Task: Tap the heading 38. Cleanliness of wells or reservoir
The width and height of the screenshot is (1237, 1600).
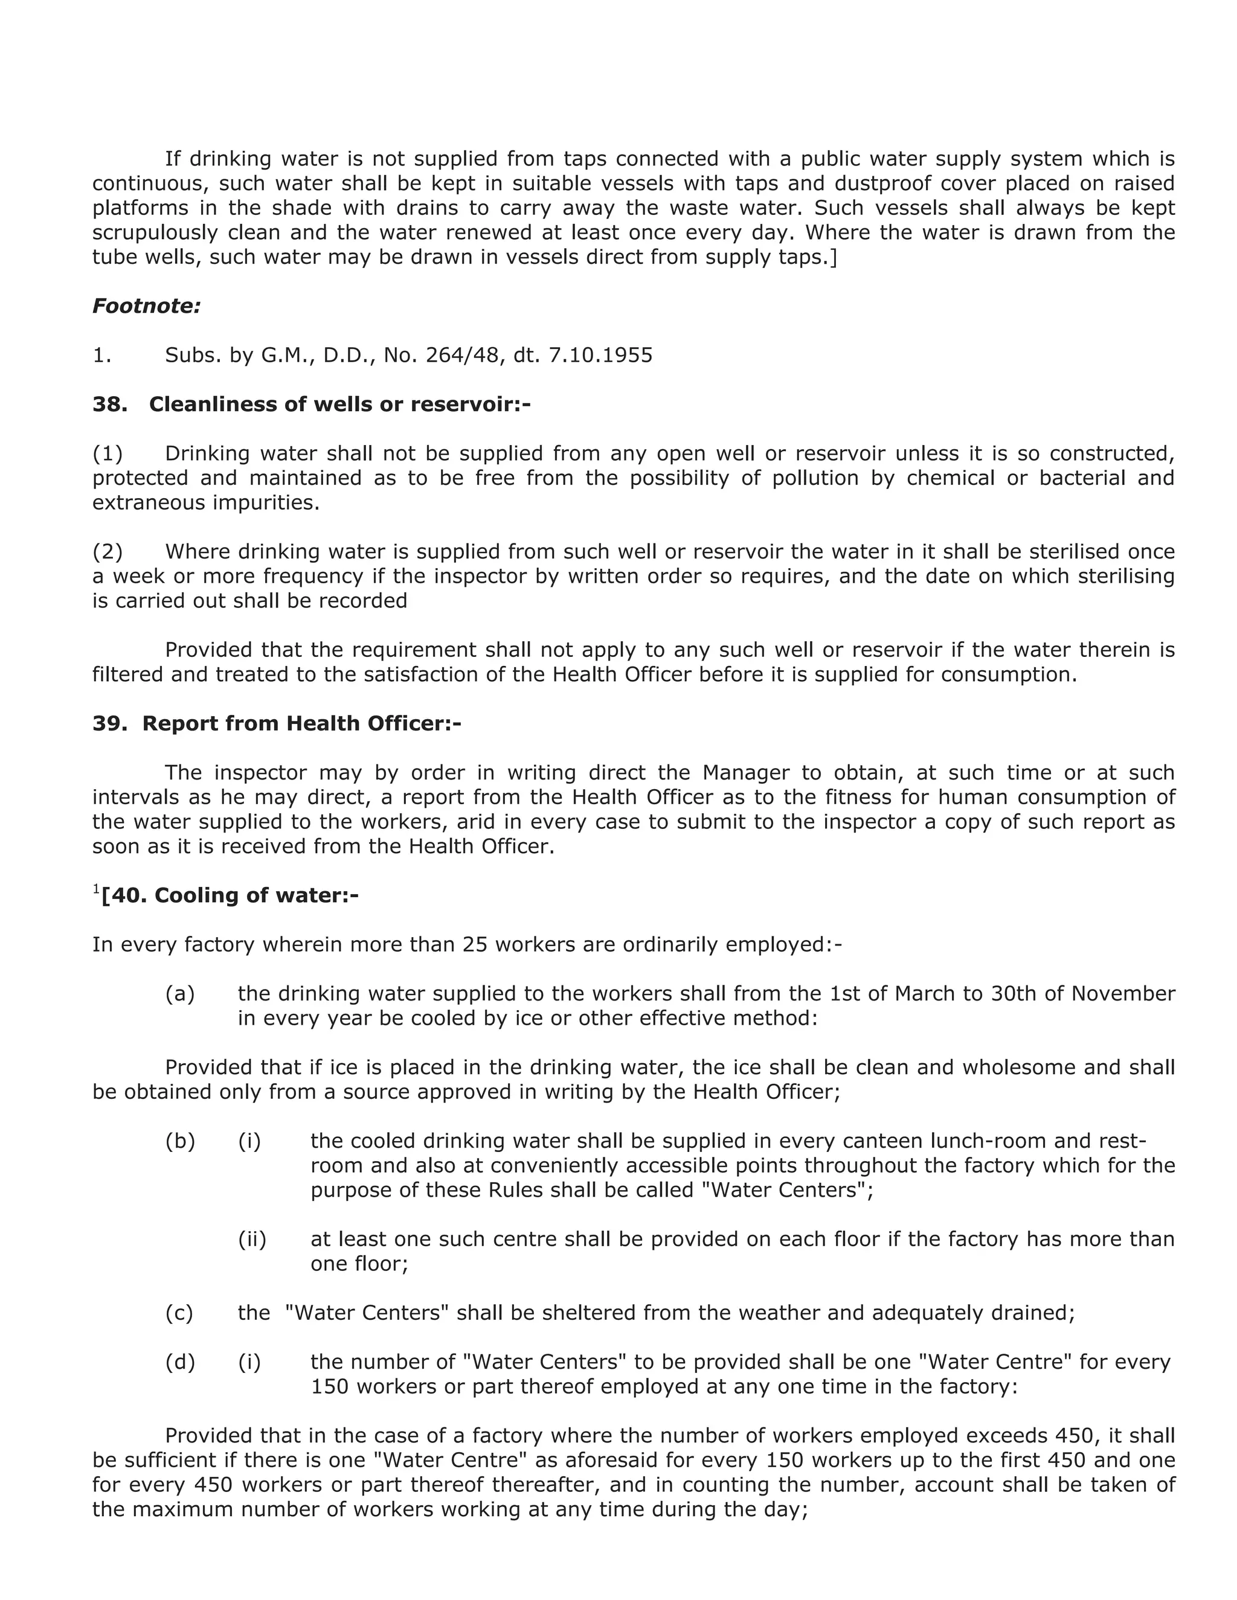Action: pos(312,405)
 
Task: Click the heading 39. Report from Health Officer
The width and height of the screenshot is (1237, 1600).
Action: pos(277,723)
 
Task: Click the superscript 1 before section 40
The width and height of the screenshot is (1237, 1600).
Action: pos(96,889)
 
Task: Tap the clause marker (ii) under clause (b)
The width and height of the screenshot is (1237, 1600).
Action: pos(252,1239)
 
